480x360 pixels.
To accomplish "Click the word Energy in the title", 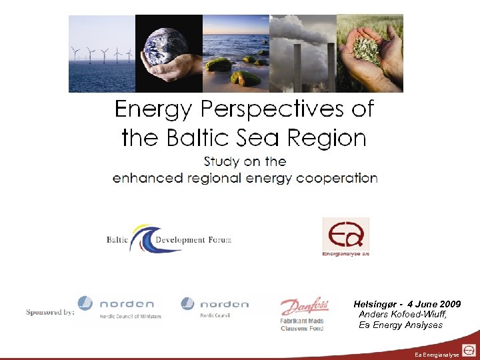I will click(153, 109).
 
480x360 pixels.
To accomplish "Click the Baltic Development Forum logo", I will click(169, 239).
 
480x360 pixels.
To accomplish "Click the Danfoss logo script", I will click(304, 307).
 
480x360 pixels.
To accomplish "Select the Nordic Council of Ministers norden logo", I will click(120, 307).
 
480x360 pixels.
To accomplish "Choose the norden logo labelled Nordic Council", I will click(215, 307).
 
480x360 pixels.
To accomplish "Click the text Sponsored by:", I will click(50, 311).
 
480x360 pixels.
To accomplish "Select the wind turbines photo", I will click(102, 53).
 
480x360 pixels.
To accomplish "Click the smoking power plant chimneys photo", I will click(303, 53).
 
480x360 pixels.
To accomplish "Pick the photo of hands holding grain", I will click(369, 53).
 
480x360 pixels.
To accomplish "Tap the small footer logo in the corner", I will click(469, 349).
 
